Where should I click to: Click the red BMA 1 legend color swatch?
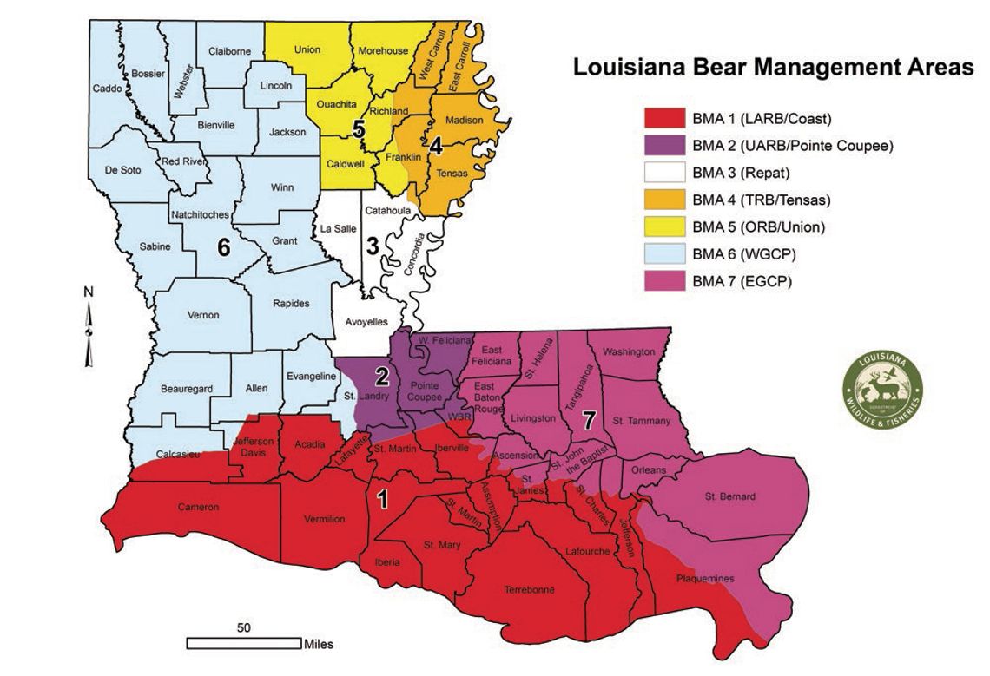coord(664,117)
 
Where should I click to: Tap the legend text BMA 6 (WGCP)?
coord(744,255)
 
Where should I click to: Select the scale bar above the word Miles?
coord(244,643)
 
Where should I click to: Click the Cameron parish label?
coord(199,507)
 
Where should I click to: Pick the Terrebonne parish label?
coord(529,589)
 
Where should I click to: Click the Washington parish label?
coord(629,351)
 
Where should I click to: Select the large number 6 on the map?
coord(223,248)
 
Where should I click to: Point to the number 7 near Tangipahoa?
coord(588,420)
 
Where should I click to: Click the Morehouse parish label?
coord(383,50)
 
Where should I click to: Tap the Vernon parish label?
coord(203,315)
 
